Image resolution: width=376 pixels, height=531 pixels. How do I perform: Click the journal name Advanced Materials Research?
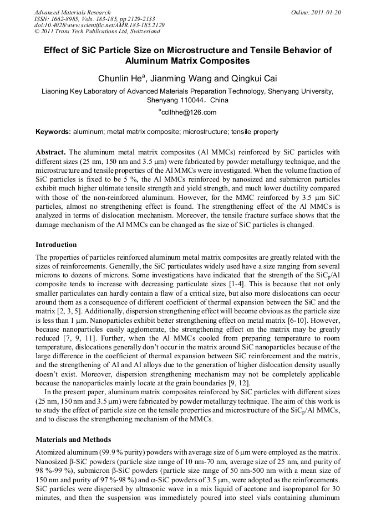click(72, 12)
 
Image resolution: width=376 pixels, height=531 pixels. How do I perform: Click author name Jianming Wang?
click(185, 78)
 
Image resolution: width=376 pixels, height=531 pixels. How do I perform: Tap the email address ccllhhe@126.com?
click(189, 112)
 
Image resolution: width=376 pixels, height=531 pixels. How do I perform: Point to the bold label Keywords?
click(53, 132)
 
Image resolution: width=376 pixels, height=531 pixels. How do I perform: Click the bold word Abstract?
click(51, 152)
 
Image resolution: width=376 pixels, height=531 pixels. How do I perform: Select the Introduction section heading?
click(56, 244)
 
